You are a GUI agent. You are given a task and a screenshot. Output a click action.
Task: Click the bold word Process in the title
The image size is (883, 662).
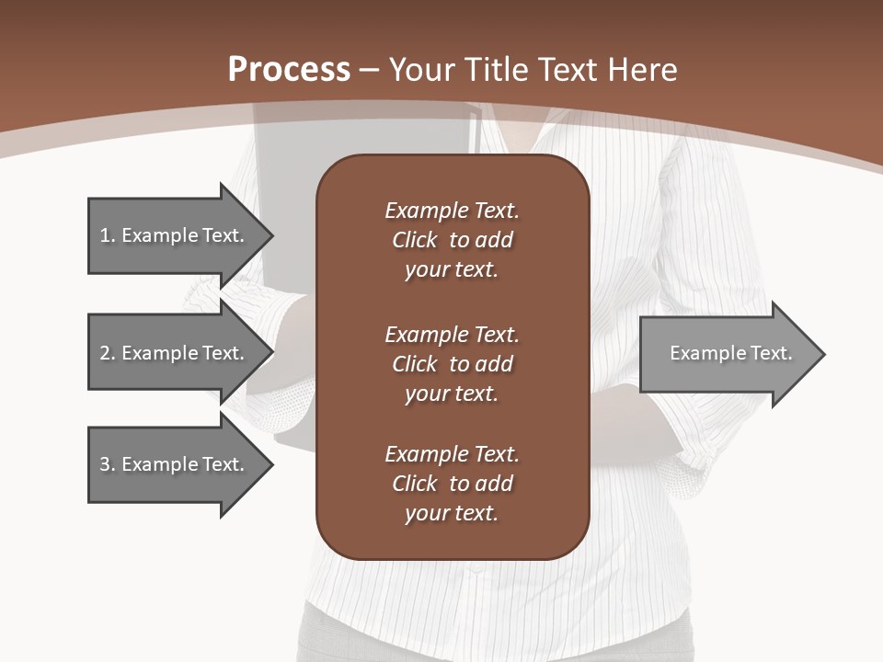[x=289, y=70]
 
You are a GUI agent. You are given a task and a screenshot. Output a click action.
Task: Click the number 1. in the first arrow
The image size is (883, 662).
[x=107, y=235]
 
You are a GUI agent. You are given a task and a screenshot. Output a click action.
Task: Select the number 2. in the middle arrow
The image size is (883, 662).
[x=107, y=353]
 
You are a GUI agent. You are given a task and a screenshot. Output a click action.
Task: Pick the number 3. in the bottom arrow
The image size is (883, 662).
[x=107, y=464]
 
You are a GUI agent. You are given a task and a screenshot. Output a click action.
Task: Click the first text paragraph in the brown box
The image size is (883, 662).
[x=452, y=240]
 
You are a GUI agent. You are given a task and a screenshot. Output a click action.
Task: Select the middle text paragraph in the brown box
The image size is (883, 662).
[x=452, y=364]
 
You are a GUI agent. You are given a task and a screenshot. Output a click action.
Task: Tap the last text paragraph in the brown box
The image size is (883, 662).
[x=452, y=484]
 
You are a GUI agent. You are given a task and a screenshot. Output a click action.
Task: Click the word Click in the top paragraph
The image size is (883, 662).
[x=414, y=240]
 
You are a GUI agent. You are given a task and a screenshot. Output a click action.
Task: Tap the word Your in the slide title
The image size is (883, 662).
[x=422, y=70]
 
